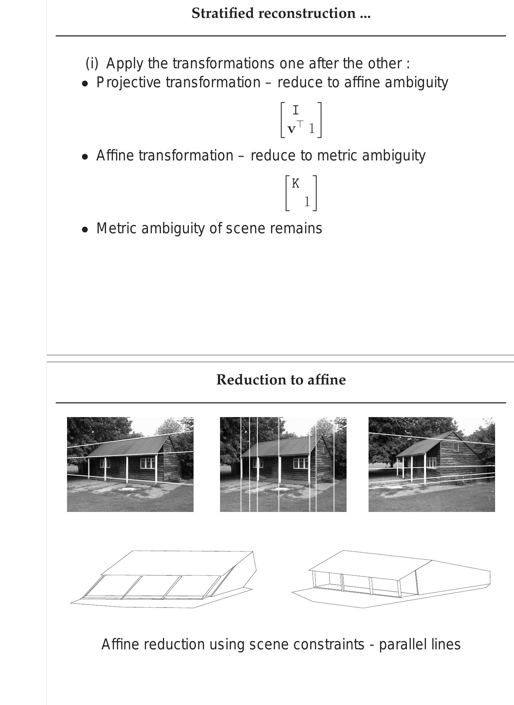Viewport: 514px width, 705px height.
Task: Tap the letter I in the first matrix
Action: (296, 111)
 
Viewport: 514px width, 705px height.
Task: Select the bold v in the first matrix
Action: (292, 130)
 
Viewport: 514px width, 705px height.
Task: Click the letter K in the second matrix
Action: (296, 184)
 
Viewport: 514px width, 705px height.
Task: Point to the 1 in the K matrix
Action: (307, 202)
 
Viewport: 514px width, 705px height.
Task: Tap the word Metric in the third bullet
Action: (116, 228)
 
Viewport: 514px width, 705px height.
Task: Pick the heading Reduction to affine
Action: (281, 380)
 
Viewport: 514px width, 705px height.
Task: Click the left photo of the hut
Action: (130, 464)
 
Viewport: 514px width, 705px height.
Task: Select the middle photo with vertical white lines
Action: (283, 464)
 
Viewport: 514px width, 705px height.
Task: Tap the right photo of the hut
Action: (431, 464)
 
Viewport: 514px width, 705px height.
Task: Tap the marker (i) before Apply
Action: (92, 64)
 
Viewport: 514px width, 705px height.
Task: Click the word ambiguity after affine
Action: (416, 83)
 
